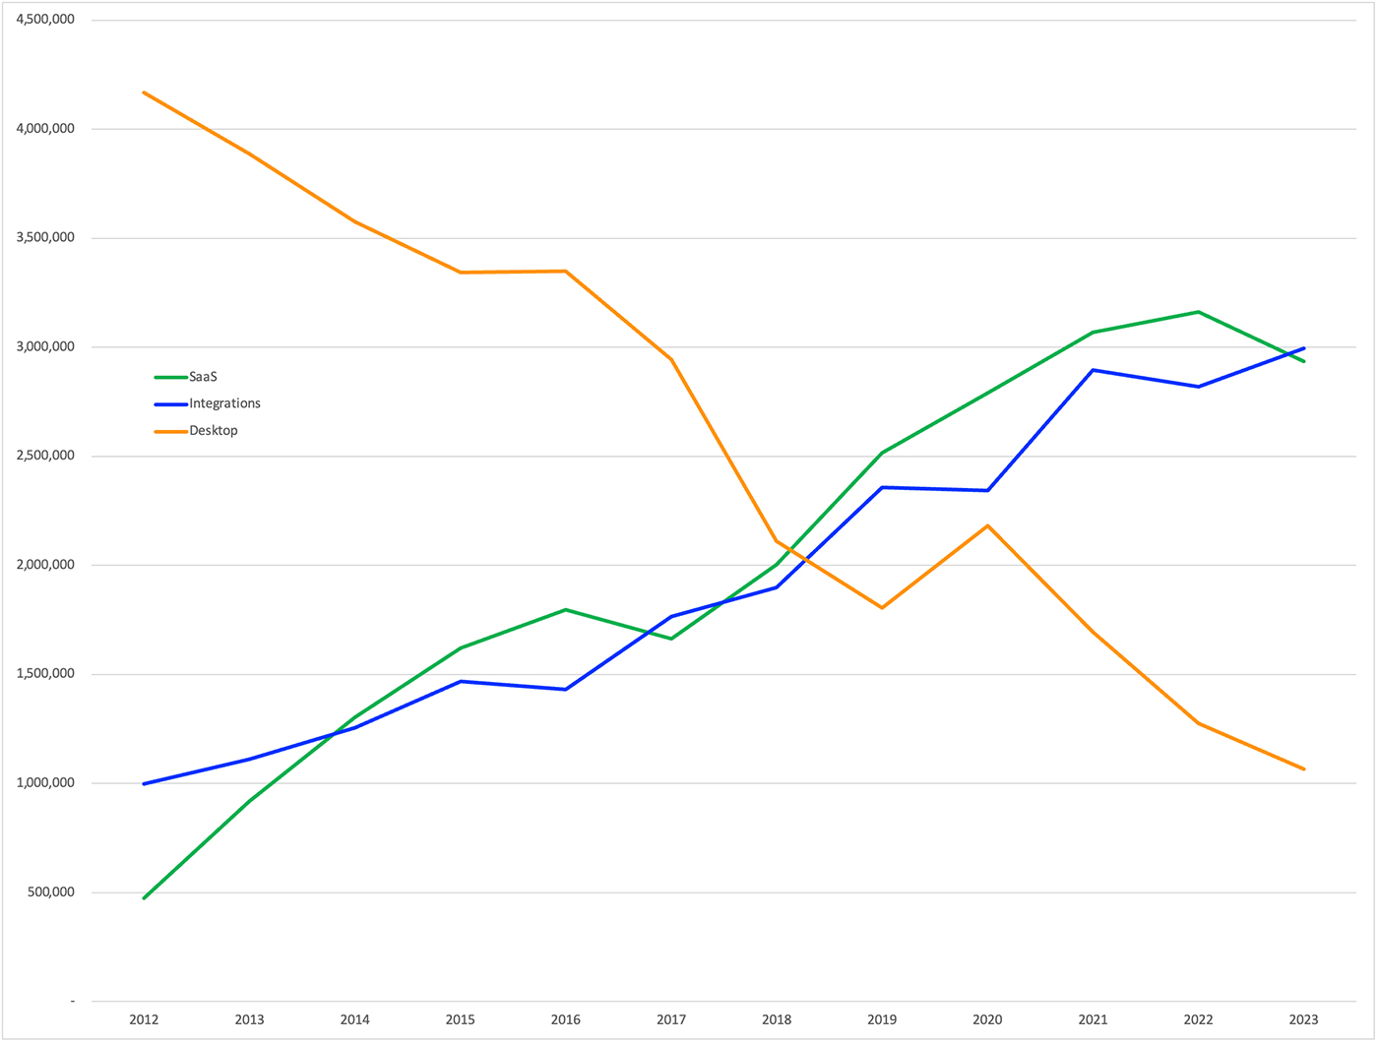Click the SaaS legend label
(x=203, y=377)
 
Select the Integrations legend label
(x=224, y=403)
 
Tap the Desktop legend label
(x=213, y=430)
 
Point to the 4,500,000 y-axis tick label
(x=45, y=20)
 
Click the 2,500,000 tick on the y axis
(x=45, y=456)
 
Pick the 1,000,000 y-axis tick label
(x=45, y=783)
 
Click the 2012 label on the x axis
(x=144, y=1019)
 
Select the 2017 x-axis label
(x=671, y=1019)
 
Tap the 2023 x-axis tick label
(x=1303, y=1019)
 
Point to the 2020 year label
(x=987, y=1019)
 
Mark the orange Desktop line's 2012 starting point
(x=144, y=92)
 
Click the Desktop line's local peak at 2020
(x=987, y=525)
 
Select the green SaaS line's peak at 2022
(x=1198, y=312)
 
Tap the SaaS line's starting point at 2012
(x=144, y=898)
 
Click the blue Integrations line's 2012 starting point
(x=144, y=784)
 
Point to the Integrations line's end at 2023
(x=1304, y=348)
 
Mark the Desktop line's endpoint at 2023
(x=1304, y=769)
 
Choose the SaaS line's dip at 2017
(x=671, y=639)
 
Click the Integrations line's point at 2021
(x=1093, y=370)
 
